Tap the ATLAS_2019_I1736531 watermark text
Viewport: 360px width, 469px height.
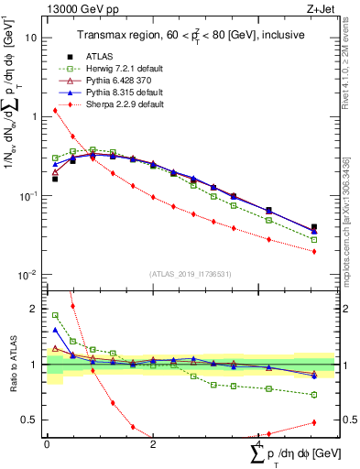(x=190, y=274)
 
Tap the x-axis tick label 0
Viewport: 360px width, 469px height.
(x=47, y=444)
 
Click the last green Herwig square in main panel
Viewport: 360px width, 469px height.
(x=314, y=240)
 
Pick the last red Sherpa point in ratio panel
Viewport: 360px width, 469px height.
(x=314, y=422)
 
